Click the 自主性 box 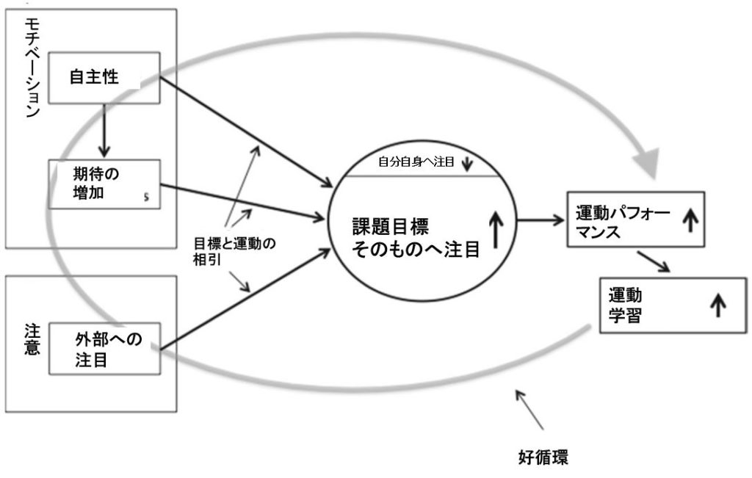point(104,77)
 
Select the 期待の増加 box point(104,186)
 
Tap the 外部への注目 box point(104,350)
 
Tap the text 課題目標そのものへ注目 point(416,236)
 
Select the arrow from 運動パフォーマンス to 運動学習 point(653,261)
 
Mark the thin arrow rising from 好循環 point(530,409)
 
